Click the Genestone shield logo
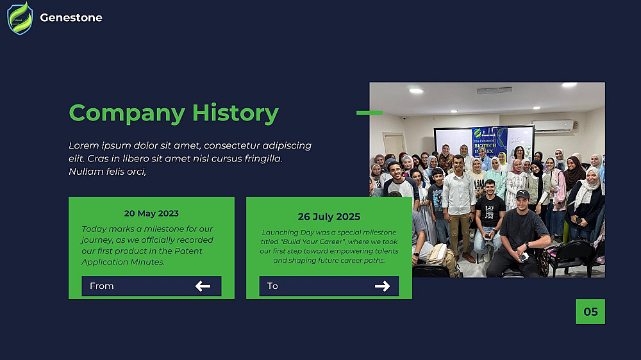[20, 19]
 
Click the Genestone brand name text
[71, 17]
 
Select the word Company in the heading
[127, 113]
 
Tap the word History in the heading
[235, 113]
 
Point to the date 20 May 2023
[151, 213]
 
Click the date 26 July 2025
[329, 217]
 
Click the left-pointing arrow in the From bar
[203, 286]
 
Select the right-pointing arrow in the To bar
[382, 286]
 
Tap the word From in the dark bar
[102, 286]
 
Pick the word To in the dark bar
[272, 286]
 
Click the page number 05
[590, 312]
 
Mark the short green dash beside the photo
[370, 113]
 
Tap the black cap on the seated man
[522, 194]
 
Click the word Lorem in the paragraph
[84, 145]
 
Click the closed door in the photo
[394, 145]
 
